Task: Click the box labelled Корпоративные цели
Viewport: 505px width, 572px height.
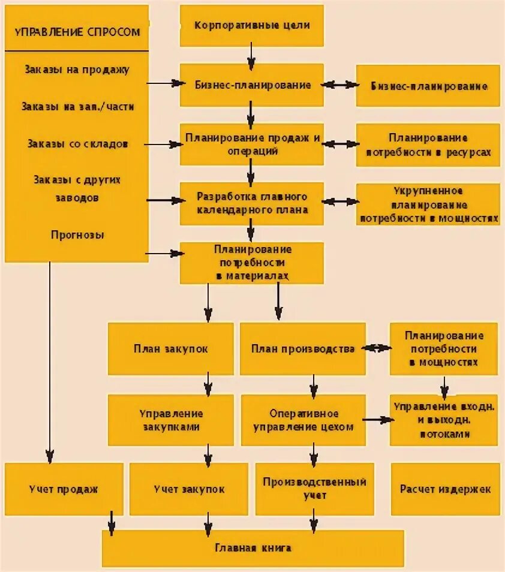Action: coord(252,26)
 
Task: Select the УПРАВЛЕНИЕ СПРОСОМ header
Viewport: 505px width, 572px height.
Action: coord(77,32)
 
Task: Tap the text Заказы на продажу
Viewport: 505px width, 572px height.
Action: coord(77,70)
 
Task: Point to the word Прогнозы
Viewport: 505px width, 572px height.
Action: coord(77,235)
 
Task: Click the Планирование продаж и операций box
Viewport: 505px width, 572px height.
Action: coord(252,144)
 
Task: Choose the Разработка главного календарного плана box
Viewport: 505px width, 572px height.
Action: coord(252,204)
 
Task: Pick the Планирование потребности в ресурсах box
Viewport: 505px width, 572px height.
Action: coord(428,145)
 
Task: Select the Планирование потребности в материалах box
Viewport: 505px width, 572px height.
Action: coord(252,263)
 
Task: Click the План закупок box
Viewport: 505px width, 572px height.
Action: coord(171,349)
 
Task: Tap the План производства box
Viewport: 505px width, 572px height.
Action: coord(302,349)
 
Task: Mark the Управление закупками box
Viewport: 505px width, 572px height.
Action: coord(171,420)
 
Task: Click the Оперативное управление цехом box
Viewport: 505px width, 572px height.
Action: coord(303,420)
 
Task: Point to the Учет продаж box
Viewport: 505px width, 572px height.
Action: coord(64,489)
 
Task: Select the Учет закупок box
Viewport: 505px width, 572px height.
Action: coord(189,489)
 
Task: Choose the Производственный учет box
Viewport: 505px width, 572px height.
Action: coord(314,488)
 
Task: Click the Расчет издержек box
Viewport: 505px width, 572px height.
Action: coord(445,489)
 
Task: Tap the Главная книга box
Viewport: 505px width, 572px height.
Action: coord(252,548)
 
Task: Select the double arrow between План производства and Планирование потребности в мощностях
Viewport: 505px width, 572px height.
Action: coord(378,348)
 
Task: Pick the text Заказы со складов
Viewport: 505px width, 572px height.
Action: coord(77,144)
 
